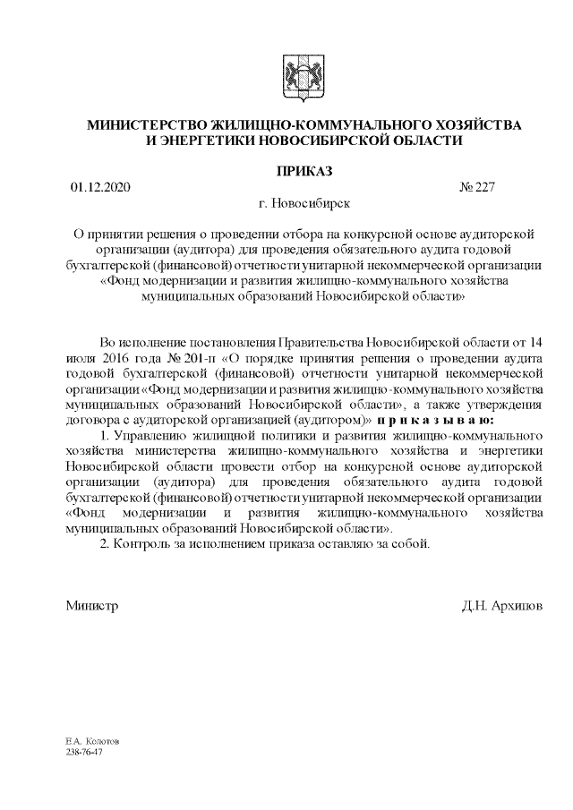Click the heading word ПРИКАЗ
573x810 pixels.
tap(286, 170)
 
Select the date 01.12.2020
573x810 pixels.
tap(100, 188)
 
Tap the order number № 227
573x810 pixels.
tap(476, 188)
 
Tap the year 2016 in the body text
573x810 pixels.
tap(113, 357)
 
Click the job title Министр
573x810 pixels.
tap(92, 606)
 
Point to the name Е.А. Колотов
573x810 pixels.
tap(92, 743)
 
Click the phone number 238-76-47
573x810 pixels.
tap(84, 753)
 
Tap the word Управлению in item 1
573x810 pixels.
tap(148, 435)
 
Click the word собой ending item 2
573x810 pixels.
tap(415, 543)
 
